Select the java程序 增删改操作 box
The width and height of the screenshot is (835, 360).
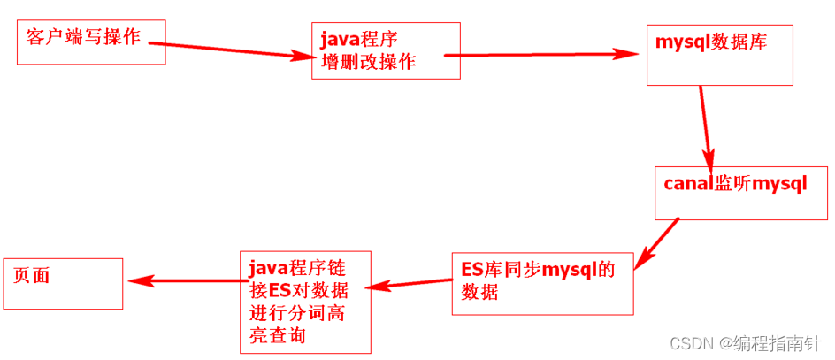[x=386, y=51]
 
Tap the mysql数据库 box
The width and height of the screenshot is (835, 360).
[x=719, y=55]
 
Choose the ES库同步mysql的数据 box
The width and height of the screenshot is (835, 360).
[x=542, y=283]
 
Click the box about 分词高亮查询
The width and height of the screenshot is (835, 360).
[x=304, y=301]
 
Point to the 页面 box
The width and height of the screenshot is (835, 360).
[x=63, y=283]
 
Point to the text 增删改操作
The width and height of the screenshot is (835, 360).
[x=368, y=62]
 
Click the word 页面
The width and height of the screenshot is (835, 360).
[x=32, y=275]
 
